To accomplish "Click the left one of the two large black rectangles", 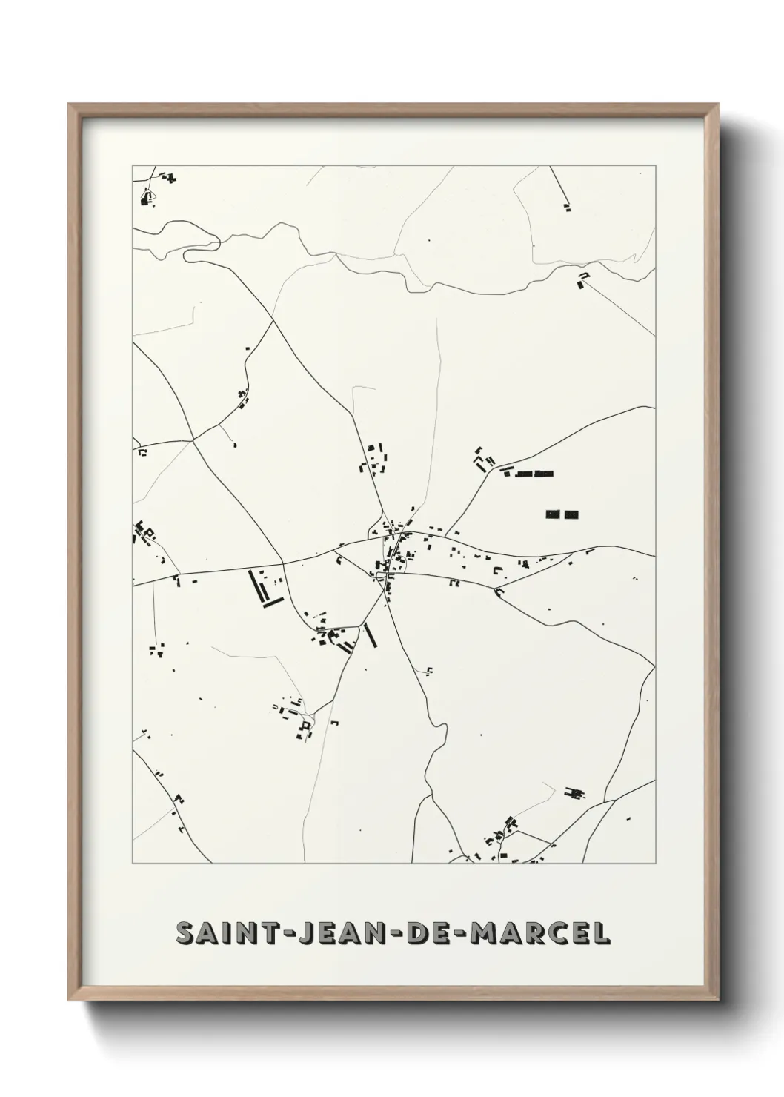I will pos(553,514).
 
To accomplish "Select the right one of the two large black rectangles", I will pos(571,514).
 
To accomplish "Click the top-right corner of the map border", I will pos(655,166).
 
